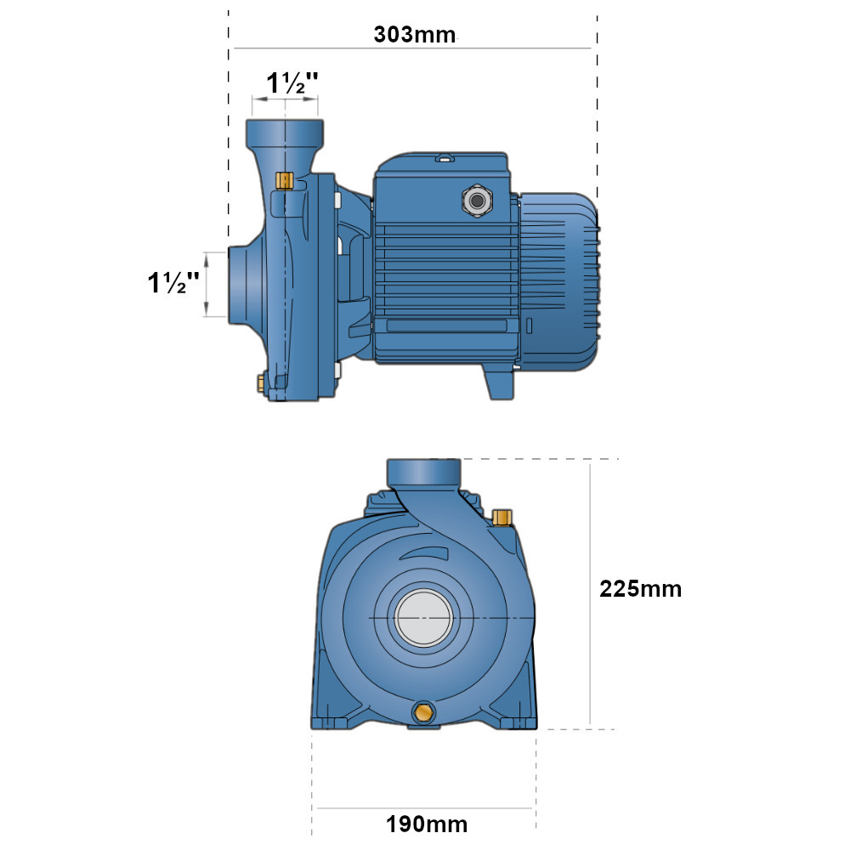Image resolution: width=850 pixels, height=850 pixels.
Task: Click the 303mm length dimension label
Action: tap(415, 35)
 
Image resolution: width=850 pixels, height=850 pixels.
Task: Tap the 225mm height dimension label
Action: tap(640, 589)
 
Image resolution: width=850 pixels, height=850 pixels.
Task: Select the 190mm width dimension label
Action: tap(427, 824)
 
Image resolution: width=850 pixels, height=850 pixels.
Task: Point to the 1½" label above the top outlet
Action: tap(292, 83)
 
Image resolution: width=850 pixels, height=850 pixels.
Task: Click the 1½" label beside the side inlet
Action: tap(173, 282)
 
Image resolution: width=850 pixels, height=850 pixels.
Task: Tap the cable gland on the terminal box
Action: tap(477, 201)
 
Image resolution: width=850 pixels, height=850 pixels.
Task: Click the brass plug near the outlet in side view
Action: tap(285, 181)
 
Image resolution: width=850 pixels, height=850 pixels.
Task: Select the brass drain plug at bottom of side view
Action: tap(261, 382)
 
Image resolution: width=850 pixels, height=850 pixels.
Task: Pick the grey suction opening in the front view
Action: tap(423, 617)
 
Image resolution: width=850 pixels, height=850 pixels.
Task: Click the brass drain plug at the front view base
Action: tap(423, 712)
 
